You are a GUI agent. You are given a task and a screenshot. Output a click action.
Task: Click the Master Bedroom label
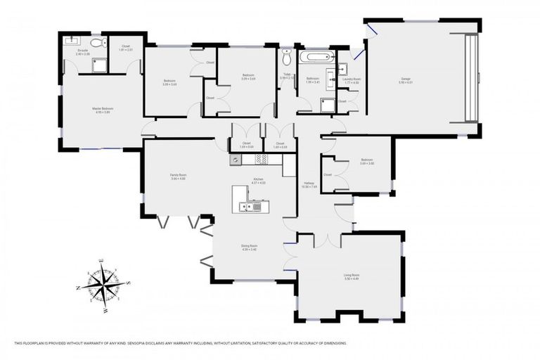point(103,109)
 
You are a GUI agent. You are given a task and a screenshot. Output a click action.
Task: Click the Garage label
point(406,81)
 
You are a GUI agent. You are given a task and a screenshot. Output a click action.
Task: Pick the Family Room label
point(178,177)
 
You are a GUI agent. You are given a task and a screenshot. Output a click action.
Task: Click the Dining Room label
point(250,247)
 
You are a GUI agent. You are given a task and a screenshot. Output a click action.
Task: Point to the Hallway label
point(309,184)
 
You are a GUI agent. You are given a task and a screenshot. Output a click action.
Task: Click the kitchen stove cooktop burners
point(260,159)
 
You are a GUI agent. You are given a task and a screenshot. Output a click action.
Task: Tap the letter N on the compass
point(78,288)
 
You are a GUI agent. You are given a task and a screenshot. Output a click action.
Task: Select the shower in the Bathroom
point(327,105)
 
